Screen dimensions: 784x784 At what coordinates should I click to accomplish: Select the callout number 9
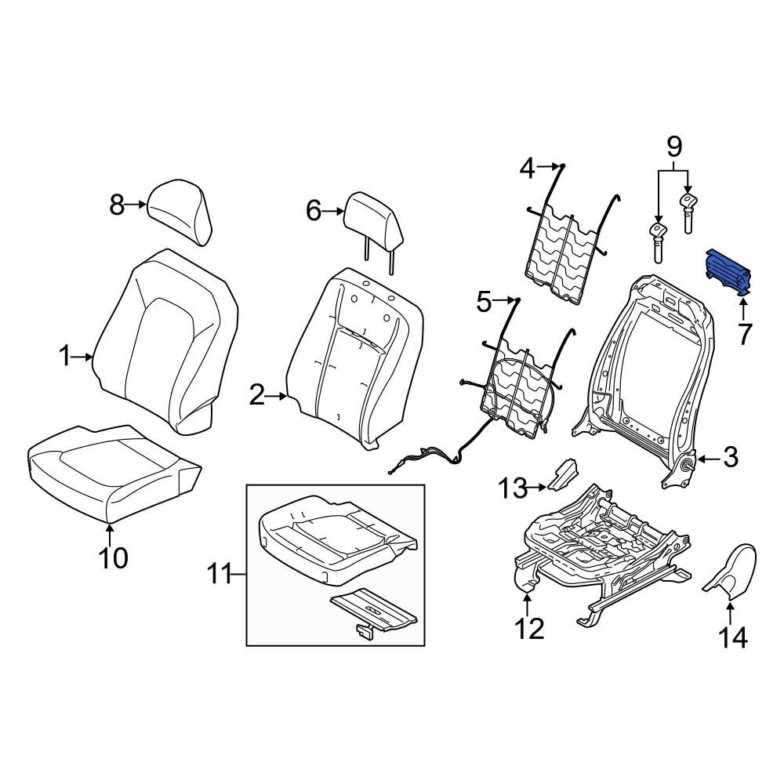coord(674,146)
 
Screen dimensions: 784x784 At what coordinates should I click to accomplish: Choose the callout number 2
coord(257,397)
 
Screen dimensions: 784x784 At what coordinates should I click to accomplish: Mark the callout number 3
coord(729,457)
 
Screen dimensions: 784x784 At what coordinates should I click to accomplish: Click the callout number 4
coord(528,167)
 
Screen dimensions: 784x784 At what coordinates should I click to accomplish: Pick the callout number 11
coord(220,576)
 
